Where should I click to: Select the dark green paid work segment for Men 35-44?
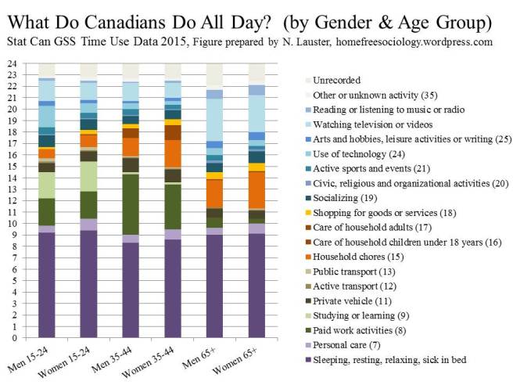131,204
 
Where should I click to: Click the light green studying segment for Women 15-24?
88,176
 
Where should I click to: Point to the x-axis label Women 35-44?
160,362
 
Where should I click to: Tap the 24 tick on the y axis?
12,63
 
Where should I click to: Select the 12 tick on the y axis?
12,200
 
